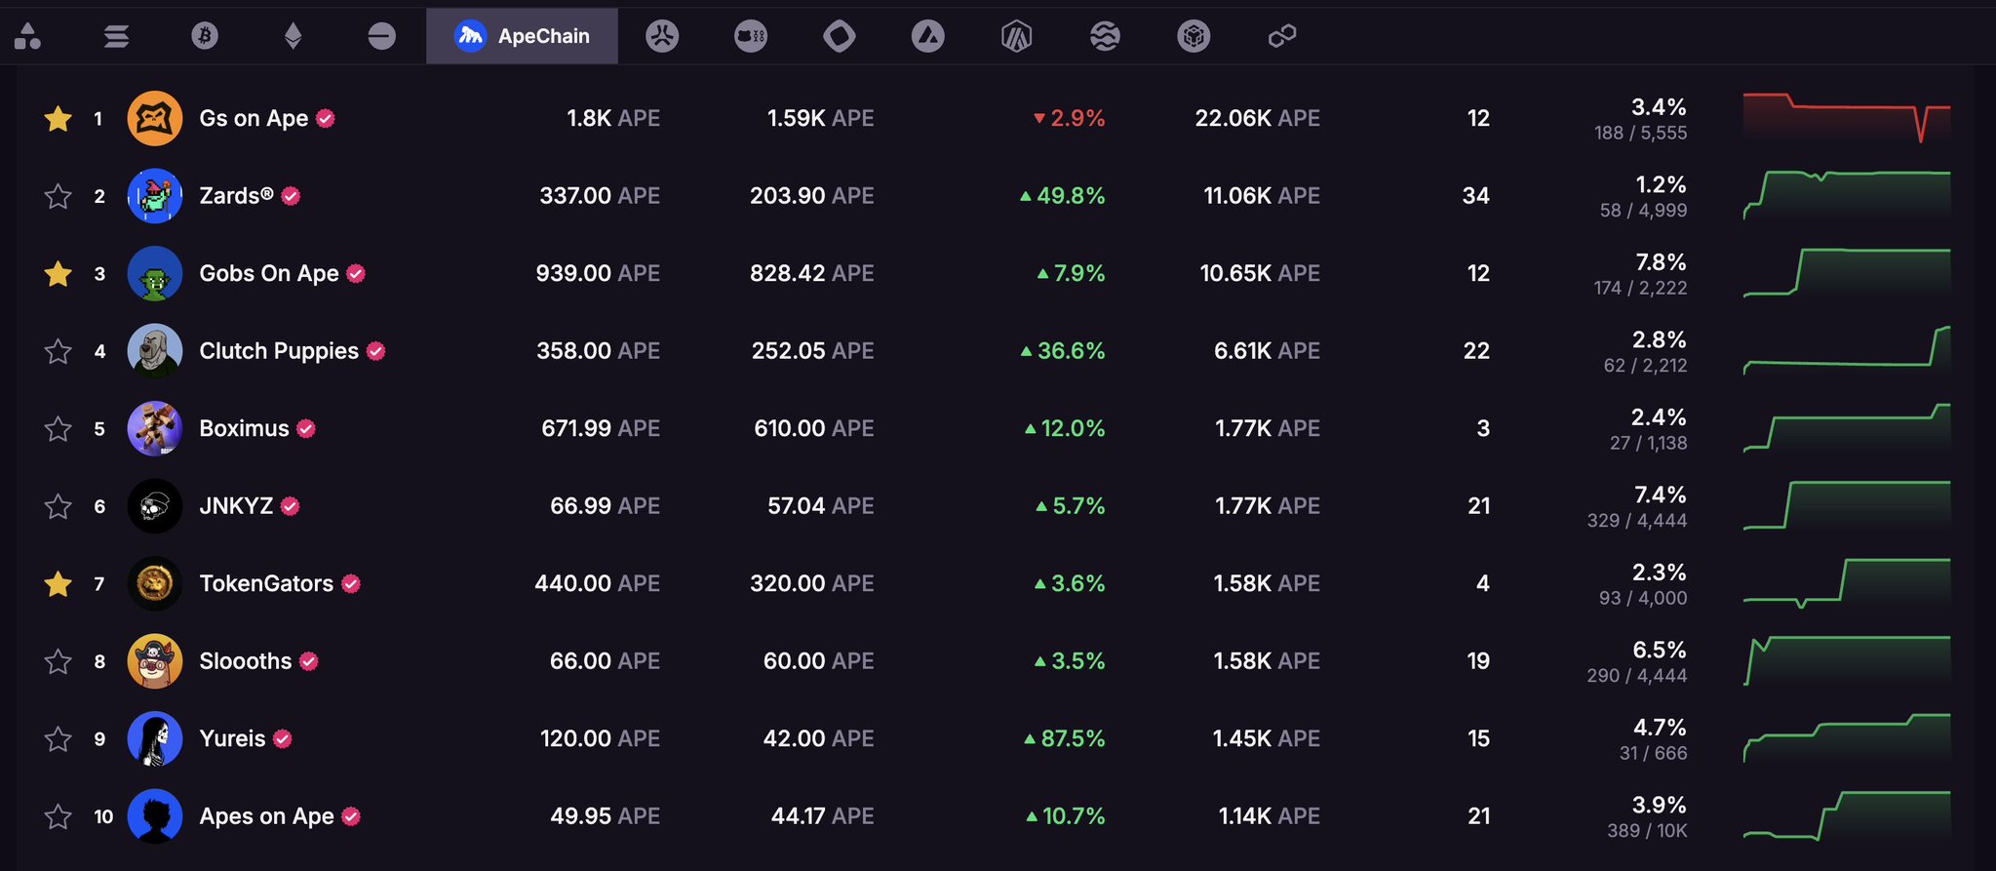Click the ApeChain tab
[x=522, y=36]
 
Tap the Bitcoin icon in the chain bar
[x=205, y=36]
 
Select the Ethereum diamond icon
[x=293, y=36]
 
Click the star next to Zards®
[x=59, y=196]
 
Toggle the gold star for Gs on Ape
[x=59, y=118]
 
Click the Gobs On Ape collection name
[x=269, y=273]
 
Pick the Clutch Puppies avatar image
[x=155, y=351]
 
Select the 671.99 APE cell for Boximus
[x=601, y=428]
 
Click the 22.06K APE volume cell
[x=1257, y=118]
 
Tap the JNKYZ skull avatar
[x=155, y=506]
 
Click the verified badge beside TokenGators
[x=351, y=583]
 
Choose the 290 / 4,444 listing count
[x=1636, y=676]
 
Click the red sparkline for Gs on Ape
[x=1847, y=117]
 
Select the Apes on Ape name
[x=266, y=816]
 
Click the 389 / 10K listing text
[x=1647, y=831]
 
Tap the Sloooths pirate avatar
[x=155, y=661]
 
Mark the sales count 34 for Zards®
[x=1475, y=196]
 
